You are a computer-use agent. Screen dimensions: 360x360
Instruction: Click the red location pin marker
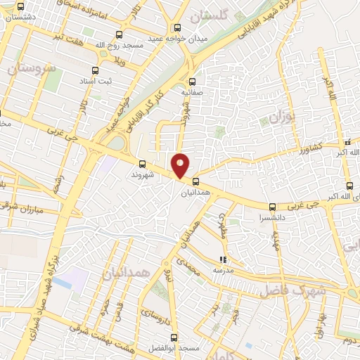181,166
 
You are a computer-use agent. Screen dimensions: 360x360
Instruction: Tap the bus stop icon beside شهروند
142,164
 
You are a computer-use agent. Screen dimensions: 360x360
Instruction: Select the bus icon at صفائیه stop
193,81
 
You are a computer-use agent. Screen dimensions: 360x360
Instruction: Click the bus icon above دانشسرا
272,206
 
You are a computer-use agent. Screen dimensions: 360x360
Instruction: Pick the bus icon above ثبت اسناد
96,70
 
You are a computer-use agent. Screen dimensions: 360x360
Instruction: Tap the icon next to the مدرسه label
223,259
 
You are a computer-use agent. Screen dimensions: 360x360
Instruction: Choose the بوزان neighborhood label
281,113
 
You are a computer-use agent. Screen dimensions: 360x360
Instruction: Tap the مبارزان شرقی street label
38,210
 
